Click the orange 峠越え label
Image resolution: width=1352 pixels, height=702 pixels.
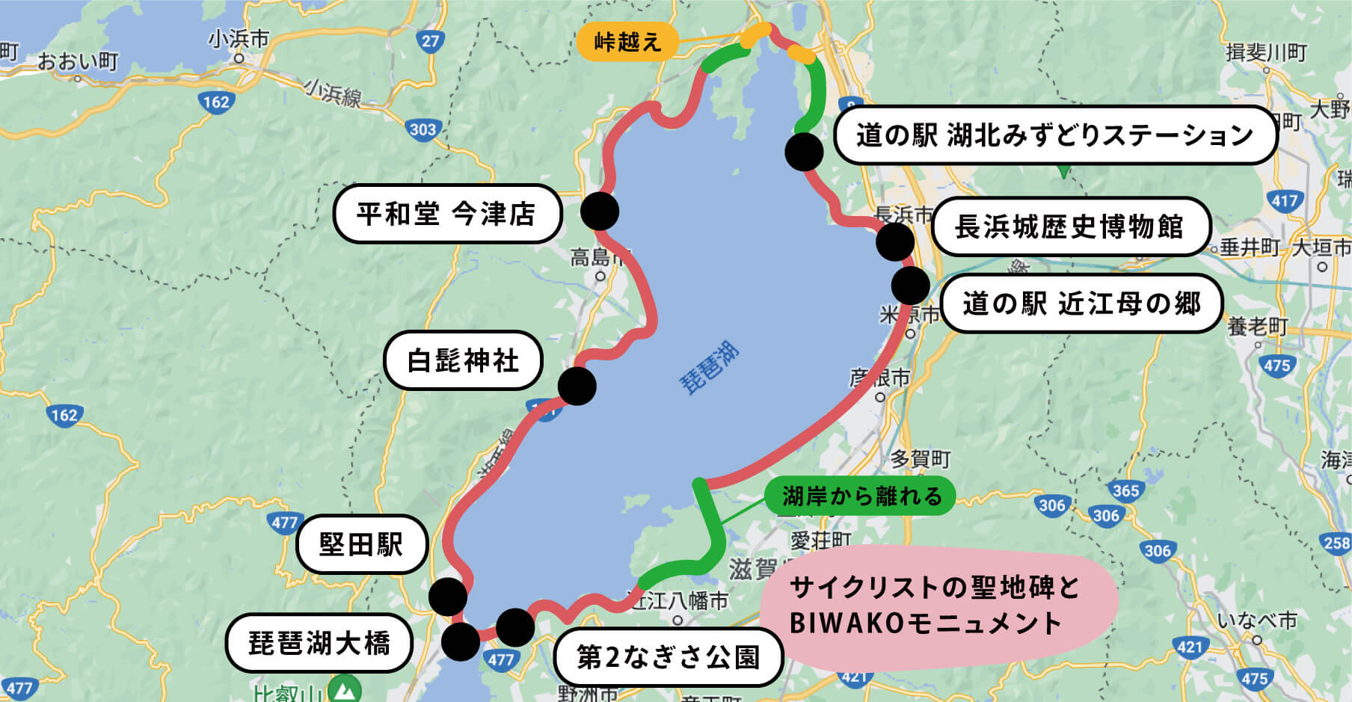tap(627, 42)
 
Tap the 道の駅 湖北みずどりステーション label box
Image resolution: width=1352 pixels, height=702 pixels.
tap(1054, 135)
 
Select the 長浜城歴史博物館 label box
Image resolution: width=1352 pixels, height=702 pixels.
tap(1069, 227)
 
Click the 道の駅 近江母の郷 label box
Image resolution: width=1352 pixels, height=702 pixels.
tap(1081, 304)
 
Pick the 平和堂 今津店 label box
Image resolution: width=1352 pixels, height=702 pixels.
tap(446, 215)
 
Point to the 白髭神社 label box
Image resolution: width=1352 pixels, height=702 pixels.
tap(463, 360)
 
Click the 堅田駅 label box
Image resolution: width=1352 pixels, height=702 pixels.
tap(361, 544)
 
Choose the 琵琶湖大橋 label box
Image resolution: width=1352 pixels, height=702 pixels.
tap(319, 643)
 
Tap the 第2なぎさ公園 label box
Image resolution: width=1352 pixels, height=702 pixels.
tap(668, 657)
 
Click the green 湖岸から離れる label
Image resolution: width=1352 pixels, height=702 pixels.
tap(860, 496)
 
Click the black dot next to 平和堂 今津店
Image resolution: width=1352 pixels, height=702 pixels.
tap(599, 211)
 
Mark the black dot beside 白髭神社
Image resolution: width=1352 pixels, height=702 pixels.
tap(577, 386)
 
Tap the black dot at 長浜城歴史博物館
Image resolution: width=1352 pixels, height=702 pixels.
tap(895, 241)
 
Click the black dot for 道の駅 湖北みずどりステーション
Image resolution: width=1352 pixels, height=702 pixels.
tap(805, 151)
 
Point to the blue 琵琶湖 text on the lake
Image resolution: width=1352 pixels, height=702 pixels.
tap(708, 368)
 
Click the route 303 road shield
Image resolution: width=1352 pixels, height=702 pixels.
tap(423, 129)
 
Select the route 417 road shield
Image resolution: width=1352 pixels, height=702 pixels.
tap(1284, 200)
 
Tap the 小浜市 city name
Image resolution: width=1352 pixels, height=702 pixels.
tap(239, 39)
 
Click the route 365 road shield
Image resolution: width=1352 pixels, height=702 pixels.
tap(1125, 490)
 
